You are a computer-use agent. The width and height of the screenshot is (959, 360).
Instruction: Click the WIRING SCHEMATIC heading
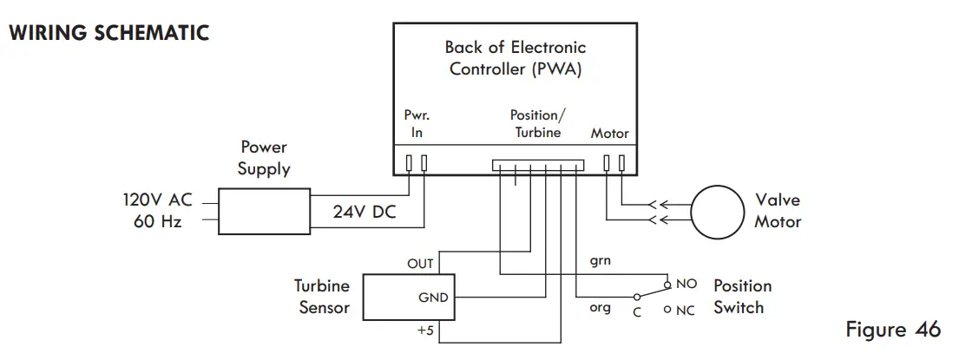click(109, 33)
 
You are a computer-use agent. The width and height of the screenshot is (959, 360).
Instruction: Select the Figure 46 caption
click(893, 330)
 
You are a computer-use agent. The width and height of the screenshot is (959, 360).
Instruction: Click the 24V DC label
click(365, 212)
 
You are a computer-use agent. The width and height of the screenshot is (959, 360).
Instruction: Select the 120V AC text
click(157, 200)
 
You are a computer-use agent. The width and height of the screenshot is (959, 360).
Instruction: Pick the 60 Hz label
click(158, 221)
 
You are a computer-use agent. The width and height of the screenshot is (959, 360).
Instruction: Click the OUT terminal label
click(420, 264)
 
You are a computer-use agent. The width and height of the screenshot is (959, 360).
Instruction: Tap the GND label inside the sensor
click(433, 298)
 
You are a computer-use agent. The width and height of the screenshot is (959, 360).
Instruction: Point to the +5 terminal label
click(425, 331)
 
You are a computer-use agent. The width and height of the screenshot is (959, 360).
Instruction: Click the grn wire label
click(600, 262)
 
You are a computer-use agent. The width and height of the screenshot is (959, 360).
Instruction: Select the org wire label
click(600, 307)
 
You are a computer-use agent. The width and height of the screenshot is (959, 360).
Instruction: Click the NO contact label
click(686, 285)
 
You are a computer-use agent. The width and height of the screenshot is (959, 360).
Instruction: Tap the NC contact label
click(686, 311)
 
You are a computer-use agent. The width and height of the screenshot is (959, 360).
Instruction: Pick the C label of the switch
click(637, 312)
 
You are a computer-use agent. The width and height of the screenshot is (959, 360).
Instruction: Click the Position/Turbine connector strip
click(537, 165)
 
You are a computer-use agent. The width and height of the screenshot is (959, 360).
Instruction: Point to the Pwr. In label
click(417, 124)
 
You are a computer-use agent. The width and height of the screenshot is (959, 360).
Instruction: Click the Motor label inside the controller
click(609, 134)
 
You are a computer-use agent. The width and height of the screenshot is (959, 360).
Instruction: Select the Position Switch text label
click(743, 297)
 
